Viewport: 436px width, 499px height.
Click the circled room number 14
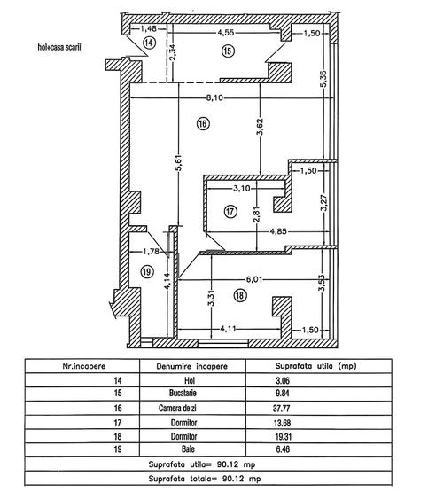point(148,42)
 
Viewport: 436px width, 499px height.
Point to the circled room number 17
point(230,212)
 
